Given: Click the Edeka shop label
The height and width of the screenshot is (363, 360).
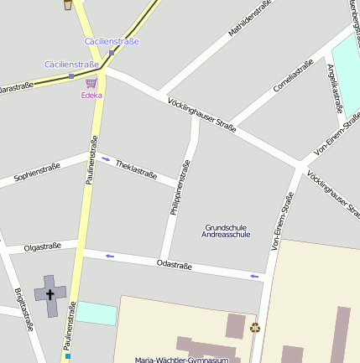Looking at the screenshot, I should tap(91, 95).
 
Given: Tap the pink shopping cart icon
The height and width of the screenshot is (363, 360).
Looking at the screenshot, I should tap(91, 83).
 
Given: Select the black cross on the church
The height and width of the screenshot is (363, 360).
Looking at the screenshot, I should tap(50, 294).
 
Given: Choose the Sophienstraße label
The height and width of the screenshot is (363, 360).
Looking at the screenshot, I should tap(37, 174).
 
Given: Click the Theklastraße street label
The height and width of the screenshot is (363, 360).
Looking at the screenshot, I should tap(136, 169).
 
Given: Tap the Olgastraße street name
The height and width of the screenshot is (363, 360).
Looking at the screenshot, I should tap(42, 247).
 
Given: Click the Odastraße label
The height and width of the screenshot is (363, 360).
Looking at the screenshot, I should tap(175, 266).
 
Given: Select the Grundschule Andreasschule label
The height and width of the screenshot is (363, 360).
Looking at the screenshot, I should tap(227, 231).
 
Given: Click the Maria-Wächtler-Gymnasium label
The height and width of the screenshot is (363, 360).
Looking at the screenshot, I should tap(181, 360).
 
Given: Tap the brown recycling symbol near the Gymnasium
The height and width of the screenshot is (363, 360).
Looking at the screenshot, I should tap(255, 328).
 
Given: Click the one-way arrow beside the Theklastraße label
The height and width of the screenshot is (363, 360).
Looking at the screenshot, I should tap(106, 158).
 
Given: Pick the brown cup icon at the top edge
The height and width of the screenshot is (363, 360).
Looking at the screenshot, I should tap(67, 5).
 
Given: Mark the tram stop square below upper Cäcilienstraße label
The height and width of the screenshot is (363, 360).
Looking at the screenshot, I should tap(112, 52).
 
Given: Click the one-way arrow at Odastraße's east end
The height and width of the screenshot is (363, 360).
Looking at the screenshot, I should tap(254, 275).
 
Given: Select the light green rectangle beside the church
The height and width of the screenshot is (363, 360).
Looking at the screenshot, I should tap(97, 313).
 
